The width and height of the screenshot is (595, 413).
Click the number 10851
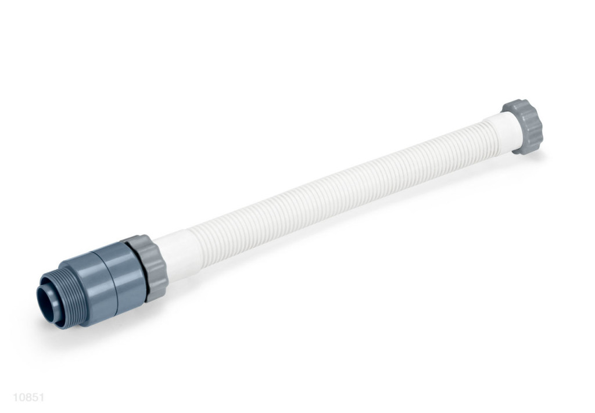(x=28, y=397)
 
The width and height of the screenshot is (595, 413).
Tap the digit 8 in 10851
(x=28, y=397)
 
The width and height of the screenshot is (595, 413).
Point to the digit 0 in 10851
(x=22, y=397)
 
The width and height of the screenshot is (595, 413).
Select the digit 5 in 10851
(x=35, y=397)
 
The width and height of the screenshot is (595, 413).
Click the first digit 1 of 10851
(x=16, y=397)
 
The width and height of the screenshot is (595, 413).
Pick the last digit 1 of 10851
(x=41, y=397)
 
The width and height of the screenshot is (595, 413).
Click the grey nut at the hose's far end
(x=524, y=127)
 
